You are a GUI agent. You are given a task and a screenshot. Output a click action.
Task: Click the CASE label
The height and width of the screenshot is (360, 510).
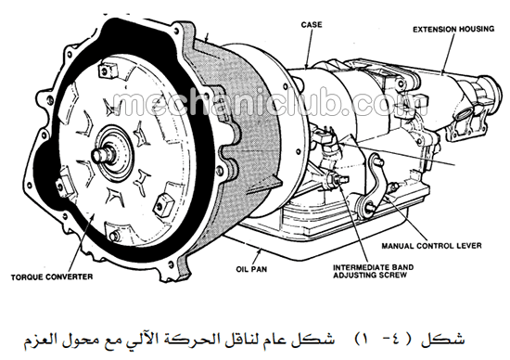pos(312,25)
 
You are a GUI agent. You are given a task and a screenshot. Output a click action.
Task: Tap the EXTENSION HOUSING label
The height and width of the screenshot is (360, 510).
pos(453,30)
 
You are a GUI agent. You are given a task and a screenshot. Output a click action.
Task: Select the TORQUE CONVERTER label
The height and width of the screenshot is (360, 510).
pos(52,277)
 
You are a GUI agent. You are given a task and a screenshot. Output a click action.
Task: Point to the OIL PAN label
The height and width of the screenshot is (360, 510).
pos(251,269)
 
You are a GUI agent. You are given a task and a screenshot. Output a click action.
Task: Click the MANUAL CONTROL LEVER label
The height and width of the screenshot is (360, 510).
pos(431,246)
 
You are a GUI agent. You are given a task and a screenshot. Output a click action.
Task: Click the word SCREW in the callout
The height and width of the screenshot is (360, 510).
pos(394,276)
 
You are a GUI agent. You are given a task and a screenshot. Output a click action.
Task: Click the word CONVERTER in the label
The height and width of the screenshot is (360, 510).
pos(69,277)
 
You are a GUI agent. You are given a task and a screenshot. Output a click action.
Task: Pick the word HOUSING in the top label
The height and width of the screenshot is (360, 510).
pos(477,30)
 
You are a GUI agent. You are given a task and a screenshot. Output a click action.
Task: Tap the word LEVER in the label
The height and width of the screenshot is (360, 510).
pos(470,246)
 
